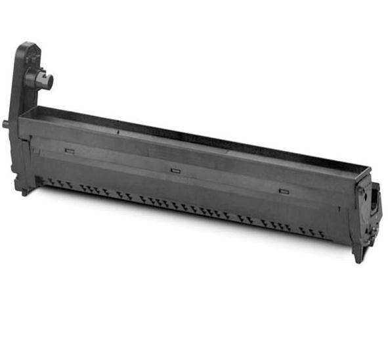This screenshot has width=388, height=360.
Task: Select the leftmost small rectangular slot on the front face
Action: [70, 150]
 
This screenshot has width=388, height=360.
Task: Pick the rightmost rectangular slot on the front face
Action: [284, 191]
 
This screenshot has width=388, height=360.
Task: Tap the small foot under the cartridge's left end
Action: [25, 191]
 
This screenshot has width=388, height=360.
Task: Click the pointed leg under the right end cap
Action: [358, 256]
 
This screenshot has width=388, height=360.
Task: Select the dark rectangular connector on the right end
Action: [375, 196]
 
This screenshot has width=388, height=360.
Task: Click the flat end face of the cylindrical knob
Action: [49, 81]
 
